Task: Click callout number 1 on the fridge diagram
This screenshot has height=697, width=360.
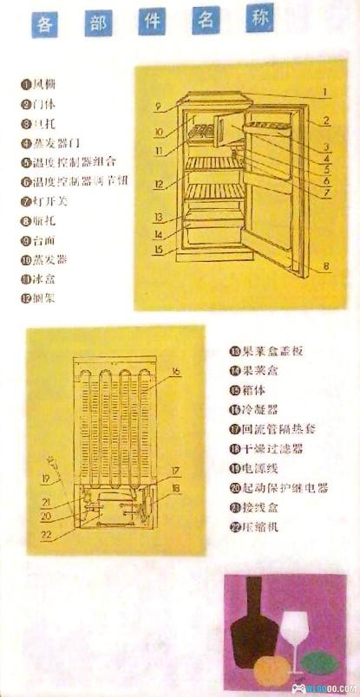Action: click(x=321, y=90)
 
